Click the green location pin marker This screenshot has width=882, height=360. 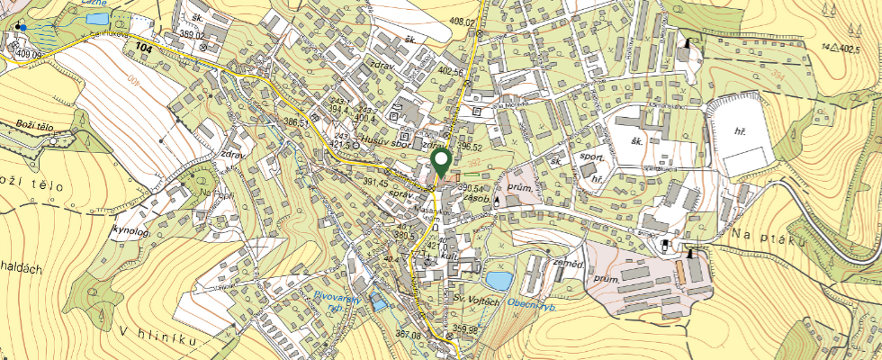441,162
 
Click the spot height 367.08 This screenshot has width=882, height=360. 408,335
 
